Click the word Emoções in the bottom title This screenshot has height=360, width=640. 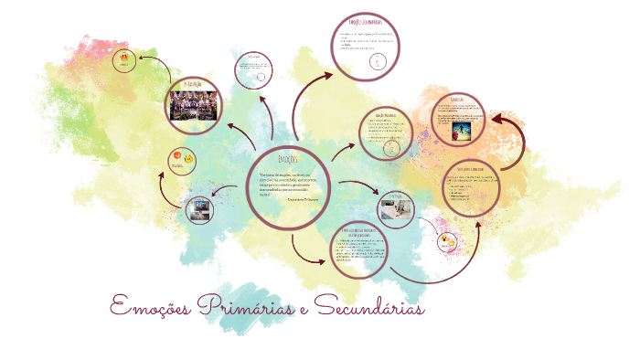148,306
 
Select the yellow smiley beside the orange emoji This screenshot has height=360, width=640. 188,160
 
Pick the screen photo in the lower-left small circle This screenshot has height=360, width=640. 199,211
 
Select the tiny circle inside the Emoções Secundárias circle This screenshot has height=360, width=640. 377,61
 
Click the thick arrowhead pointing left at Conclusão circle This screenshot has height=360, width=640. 497,119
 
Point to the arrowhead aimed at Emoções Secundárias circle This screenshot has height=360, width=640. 331,79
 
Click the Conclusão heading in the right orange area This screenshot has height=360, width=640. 458,99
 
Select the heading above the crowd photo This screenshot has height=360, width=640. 195,83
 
